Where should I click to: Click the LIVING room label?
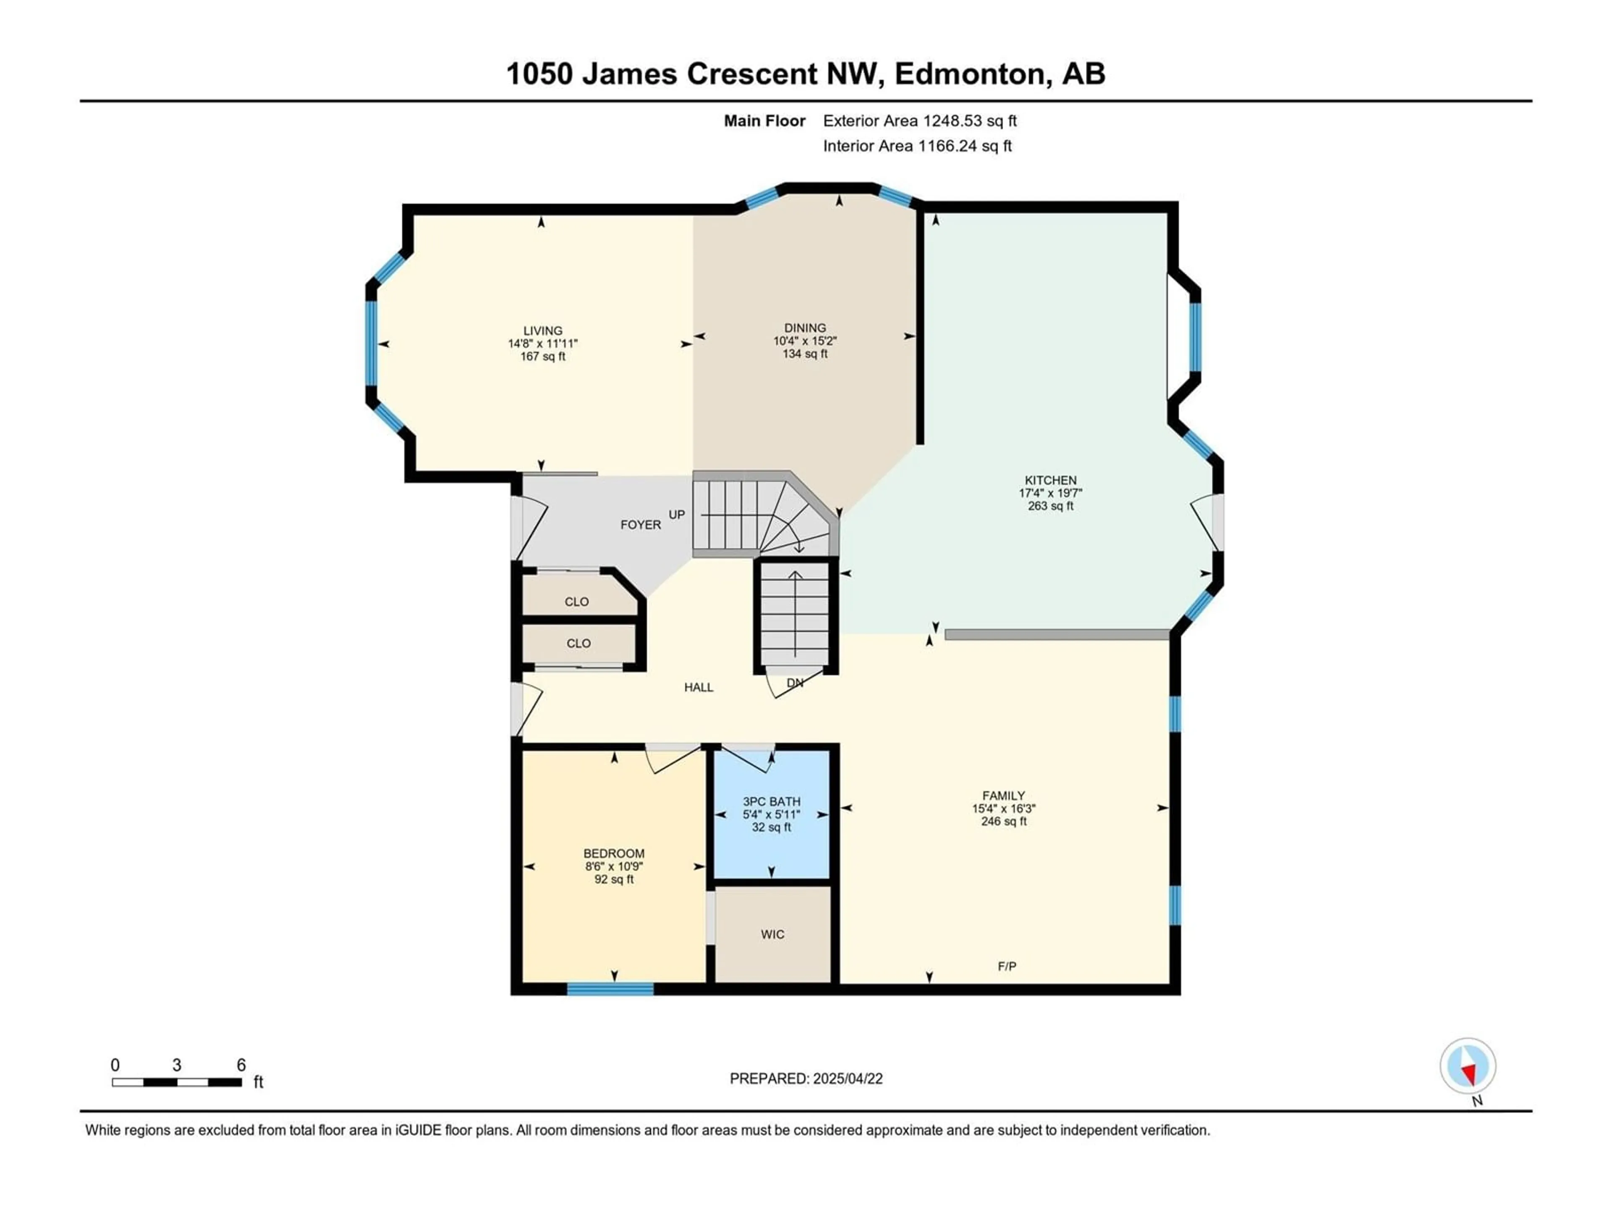coord(543,330)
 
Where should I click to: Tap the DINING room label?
coord(805,328)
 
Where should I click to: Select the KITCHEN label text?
coord(1050,480)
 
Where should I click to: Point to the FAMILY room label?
coord(1003,796)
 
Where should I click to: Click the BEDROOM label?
coord(614,853)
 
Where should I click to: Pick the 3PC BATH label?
coord(772,802)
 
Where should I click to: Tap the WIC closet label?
coord(772,934)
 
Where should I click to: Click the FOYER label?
coord(641,525)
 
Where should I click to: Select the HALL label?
coord(699,687)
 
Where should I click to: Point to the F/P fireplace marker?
coord(1007,966)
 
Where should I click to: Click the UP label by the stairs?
coord(677,515)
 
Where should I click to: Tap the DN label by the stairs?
coord(795,683)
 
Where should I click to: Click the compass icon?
coord(1468,1066)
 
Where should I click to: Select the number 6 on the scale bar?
coord(241,1065)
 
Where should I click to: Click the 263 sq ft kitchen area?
coord(1050,506)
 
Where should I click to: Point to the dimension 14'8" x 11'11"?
coord(543,343)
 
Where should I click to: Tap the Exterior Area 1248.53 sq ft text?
coord(920,121)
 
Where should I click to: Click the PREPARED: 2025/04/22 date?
coord(806,1078)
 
